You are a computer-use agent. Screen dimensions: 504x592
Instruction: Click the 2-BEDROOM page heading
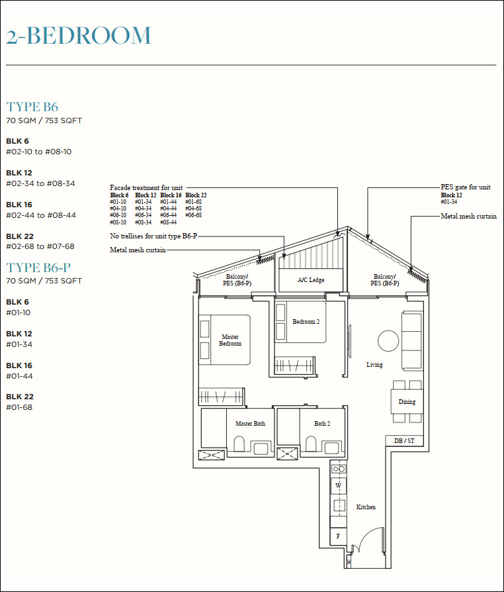pos(79,36)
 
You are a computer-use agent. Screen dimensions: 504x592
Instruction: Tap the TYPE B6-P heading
pos(38,268)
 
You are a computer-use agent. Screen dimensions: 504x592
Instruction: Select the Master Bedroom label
pos(230,340)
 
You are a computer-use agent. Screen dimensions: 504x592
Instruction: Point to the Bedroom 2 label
pos(306,322)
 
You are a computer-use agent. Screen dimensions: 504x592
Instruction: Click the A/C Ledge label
pos(311,280)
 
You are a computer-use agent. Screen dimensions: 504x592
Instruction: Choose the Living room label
pos(374,365)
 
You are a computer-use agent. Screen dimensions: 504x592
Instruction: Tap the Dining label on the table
pos(407,402)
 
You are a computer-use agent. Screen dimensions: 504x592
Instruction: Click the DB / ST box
pos(404,440)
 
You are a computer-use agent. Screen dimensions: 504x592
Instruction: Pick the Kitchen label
pos(366,507)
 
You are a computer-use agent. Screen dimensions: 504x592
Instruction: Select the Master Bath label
pos(250,424)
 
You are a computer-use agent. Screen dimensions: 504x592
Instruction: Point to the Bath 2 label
pos(322,424)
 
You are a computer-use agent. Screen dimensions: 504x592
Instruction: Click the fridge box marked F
pos(338,536)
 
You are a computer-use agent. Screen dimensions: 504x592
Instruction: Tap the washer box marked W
pos(339,486)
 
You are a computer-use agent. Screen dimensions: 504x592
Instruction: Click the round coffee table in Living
pos(388,341)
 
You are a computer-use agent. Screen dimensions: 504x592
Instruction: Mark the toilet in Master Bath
pos(239,444)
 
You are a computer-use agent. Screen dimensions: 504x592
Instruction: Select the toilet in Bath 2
pos(311,444)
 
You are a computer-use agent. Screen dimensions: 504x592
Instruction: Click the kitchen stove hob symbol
pos(339,469)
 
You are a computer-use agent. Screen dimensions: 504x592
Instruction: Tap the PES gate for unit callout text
pos(466,187)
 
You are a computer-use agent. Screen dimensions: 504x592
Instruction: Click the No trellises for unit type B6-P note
pos(153,236)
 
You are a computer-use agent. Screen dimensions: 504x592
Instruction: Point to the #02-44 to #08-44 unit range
pos(41,215)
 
